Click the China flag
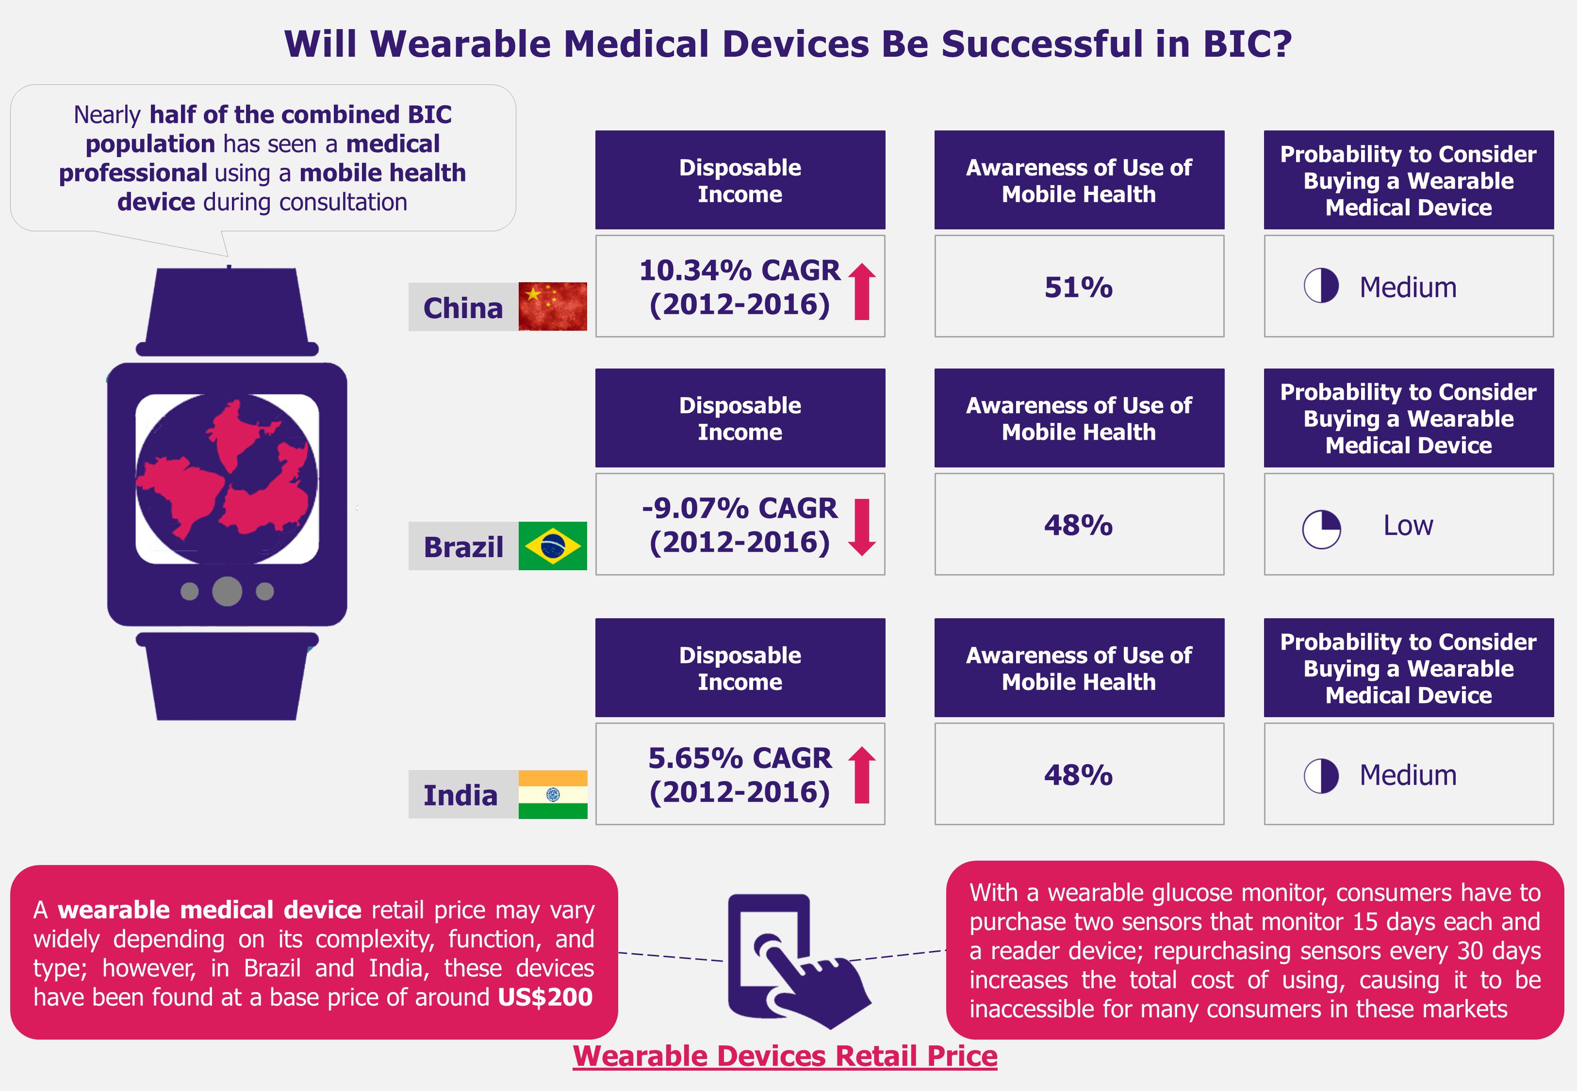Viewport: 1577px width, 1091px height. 553,306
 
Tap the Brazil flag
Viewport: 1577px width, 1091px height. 553,545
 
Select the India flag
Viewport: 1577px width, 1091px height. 553,794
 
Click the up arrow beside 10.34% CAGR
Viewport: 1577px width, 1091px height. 862,292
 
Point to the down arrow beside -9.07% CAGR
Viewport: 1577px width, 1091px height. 862,527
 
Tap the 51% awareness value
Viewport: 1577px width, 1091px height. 1079,287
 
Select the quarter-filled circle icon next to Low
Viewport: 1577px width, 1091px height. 1321,529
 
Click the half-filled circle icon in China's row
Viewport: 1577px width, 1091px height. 1321,285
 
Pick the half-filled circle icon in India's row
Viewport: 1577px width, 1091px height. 1321,775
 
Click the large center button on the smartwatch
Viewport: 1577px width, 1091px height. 227,591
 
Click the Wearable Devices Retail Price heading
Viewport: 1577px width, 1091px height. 785,1056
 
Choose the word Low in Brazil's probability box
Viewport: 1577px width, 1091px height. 1408,525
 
